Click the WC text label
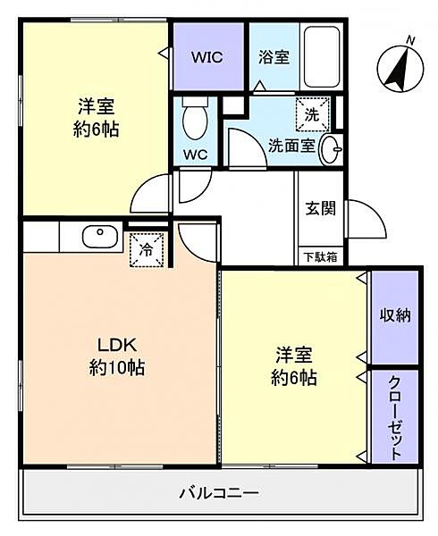pyautogui.click(x=195, y=154)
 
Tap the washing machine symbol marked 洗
pyautogui.click(x=312, y=114)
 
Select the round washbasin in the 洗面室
pyautogui.click(x=329, y=147)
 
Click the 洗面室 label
pyautogui.click(x=291, y=147)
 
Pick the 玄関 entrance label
pyautogui.click(x=320, y=209)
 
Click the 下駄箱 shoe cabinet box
pyautogui.click(x=319, y=256)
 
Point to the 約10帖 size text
pyautogui.click(x=116, y=367)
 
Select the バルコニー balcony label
pyautogui.click(x=219, y=492)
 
